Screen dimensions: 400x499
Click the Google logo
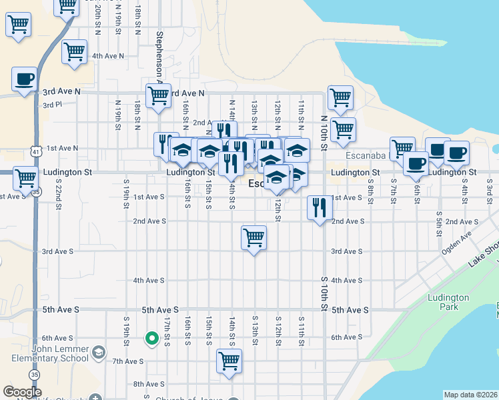coord(22,392)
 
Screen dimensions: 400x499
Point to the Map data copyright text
coord(470,395)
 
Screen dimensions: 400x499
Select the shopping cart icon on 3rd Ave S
coord(254,238)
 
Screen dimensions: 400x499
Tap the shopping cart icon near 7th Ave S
coord(229,361)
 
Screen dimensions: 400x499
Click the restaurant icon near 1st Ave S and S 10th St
coord(320,207)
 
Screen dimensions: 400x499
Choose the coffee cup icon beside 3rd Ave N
coord(24,79)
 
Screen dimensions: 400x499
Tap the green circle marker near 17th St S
coord(151,339)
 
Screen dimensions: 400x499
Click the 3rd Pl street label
coord(51,105)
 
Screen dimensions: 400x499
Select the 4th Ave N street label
coord(109,56)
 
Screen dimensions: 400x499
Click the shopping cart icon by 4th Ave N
coord(74,51)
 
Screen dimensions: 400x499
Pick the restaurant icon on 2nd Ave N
coord(225,131)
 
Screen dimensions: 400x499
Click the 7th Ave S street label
coord(128,361)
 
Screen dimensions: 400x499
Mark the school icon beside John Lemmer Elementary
coord(99,351)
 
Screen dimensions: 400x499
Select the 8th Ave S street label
coord(148,384)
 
